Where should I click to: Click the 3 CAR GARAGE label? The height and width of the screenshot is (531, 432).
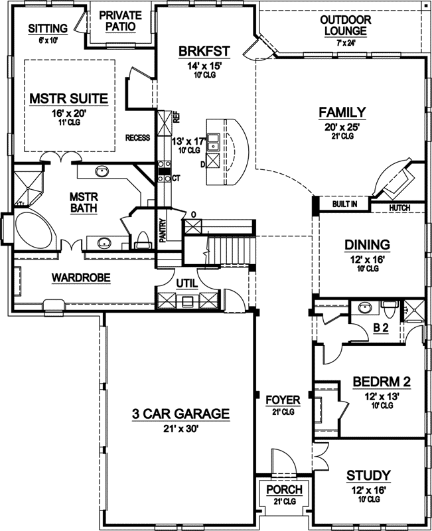[x=180, y=414]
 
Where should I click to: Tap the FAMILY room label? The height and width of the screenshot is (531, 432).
[x=342, y=112]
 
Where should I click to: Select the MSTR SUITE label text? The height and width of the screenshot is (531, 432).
[x=68, y=99]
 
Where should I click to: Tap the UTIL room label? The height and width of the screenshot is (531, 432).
[x=187, y=283]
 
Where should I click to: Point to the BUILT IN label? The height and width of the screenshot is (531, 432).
[x=344, y=204]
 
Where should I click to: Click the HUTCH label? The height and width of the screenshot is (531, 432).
[x=400, y=208]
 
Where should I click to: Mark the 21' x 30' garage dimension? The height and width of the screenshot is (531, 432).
[x=180, y=428]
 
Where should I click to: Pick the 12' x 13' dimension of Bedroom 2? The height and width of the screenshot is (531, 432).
[x=381, y=395]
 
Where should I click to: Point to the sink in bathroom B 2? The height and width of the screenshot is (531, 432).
[x=362, y=307]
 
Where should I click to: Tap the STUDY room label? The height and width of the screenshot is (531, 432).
[x=368, y=475]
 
